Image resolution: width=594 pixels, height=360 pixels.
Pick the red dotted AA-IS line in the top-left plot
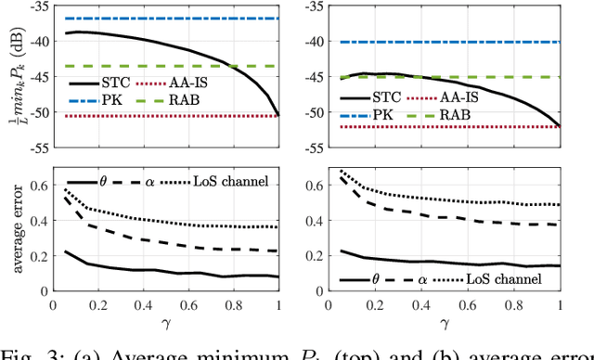[139, 116]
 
